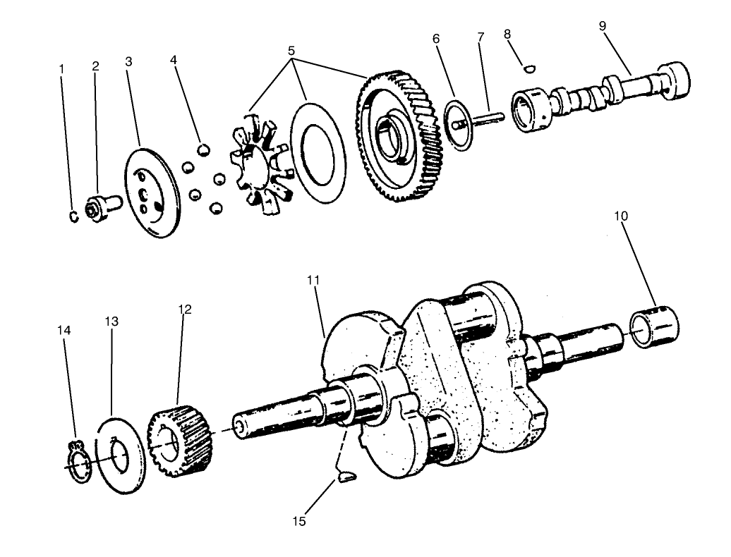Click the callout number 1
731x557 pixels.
[x=61, y=69]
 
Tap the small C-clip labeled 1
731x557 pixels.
[x=73, y=218]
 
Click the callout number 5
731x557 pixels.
[x=291, y=51]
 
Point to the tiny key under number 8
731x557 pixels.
[x=530, y=68]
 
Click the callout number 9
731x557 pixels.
[x=602, y=27]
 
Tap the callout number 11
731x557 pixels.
[x=313, y=281]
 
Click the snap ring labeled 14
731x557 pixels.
[x=78, y=462]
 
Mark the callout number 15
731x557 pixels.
[x=299, y=522]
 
